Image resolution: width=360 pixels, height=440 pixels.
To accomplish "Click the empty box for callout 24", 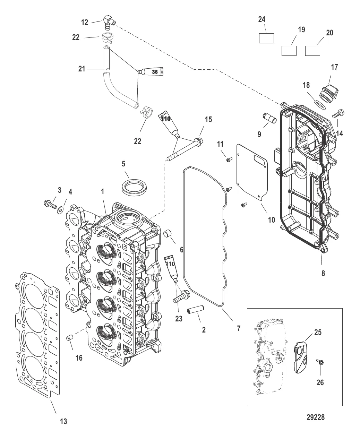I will click(266, 38).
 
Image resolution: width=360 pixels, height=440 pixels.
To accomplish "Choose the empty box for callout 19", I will click(289, 51).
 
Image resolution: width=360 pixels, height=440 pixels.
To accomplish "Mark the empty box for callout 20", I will click(312, 51).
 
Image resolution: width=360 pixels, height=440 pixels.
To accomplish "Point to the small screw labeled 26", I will click(319, 363).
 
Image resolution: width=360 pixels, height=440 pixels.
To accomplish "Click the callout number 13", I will click(63, 421).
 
